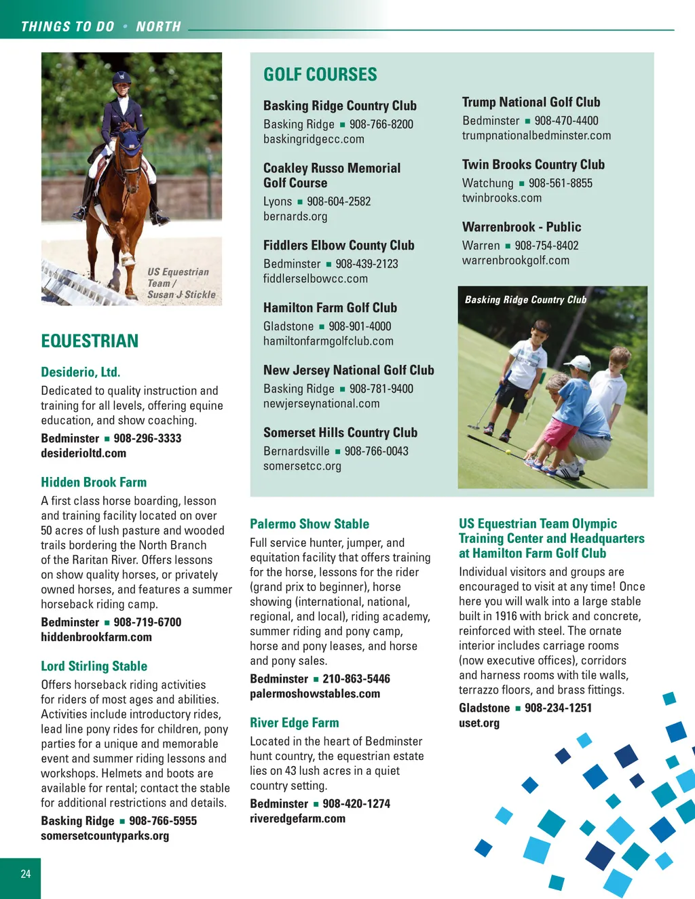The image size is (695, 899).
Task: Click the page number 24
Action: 26,874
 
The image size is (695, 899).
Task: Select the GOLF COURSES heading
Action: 320,75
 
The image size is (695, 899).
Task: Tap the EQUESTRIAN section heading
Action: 90,341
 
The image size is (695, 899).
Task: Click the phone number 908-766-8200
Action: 381,124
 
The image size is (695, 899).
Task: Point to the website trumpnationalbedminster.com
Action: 536,136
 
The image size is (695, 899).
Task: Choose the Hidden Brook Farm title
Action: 94,482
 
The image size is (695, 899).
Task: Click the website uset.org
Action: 478,723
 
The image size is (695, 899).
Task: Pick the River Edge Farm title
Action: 294,723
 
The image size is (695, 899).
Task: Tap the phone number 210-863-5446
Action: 356,678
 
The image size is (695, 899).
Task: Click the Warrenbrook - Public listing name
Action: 521,227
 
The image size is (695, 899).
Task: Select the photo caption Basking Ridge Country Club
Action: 525,300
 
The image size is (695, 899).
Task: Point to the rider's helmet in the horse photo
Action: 122,79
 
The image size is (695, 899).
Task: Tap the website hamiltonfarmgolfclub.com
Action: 328,341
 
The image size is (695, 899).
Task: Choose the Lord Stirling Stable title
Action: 94,666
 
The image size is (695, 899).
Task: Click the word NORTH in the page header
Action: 158,26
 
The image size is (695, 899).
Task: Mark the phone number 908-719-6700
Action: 147,622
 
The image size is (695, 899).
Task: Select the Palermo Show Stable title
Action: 309,524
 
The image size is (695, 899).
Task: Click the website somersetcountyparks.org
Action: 105,836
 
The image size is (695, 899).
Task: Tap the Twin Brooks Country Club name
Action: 533,165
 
